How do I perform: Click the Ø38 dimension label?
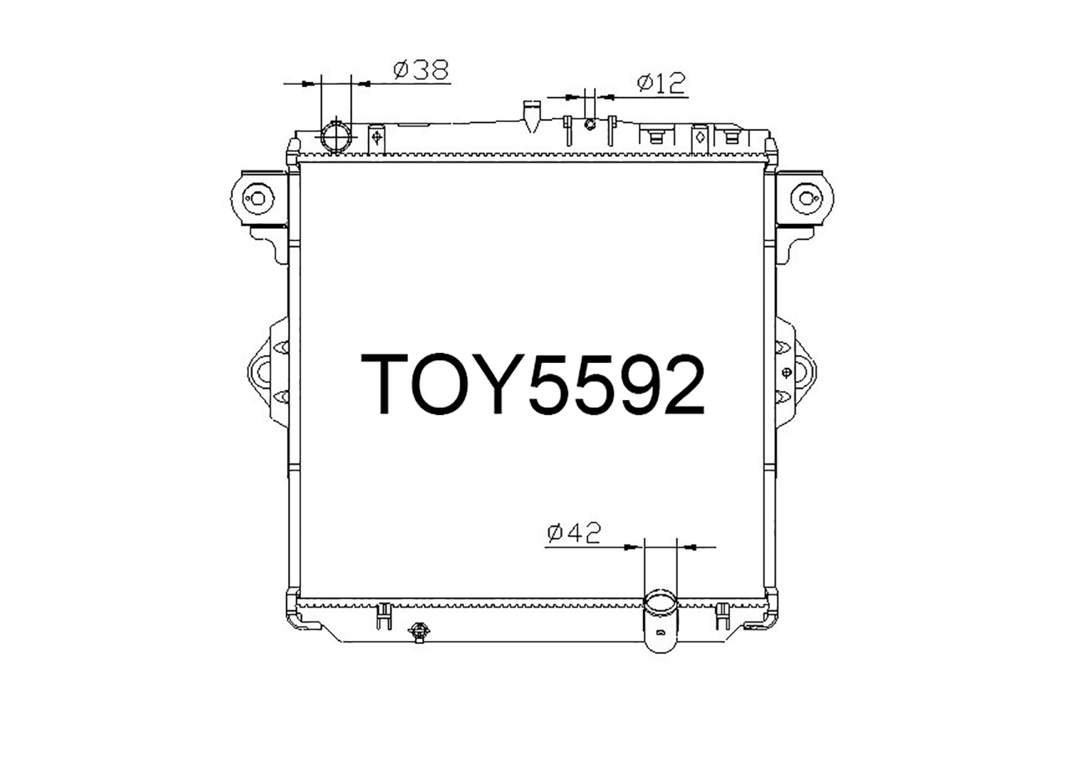421,69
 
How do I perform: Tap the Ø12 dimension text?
661,83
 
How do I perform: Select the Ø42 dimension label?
574,532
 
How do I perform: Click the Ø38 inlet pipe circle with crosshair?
336,135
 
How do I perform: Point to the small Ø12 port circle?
589,125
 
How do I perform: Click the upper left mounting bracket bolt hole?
257,197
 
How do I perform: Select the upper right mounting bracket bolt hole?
807,197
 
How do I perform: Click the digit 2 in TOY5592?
677,385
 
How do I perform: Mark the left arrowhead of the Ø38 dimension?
308,84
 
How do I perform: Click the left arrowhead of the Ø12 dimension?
572,96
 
